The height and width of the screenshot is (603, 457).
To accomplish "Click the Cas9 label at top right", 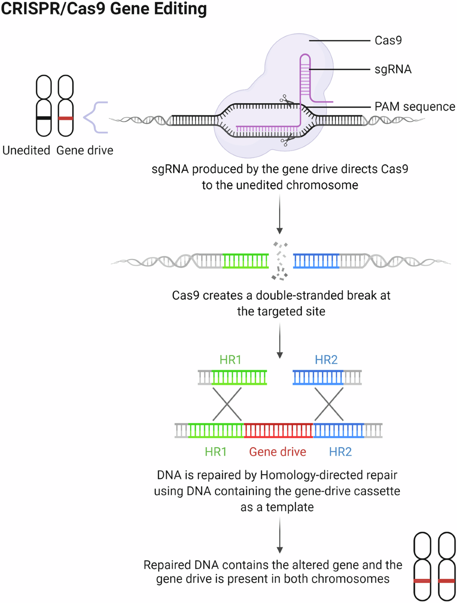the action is click(x=388, y=41).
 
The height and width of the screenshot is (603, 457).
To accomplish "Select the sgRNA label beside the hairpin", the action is click(x=393, y=70).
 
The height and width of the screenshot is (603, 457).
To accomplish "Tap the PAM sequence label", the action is click(x=415, y=107).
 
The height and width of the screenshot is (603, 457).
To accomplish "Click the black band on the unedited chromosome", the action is click(x=44, y=118).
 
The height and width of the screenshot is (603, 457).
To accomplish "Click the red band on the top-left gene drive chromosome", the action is click(x=66, y=118).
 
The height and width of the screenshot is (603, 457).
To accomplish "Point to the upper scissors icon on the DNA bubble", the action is click(x=286, y=100).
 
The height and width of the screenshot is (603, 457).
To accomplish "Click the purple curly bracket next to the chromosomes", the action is click(x=95, y=118).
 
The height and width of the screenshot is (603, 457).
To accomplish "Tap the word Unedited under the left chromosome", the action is click(x=26, y=150).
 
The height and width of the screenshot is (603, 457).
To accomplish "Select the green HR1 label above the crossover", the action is click(x=230, y=360).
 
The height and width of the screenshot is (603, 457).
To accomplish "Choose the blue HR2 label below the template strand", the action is click(x=340, y=452).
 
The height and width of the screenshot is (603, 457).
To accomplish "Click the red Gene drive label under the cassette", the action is click(x=278, y=452).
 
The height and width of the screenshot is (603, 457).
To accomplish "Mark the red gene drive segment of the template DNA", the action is click(x=278, y=431).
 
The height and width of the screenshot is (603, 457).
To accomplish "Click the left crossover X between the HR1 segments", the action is click(x=227, y=404).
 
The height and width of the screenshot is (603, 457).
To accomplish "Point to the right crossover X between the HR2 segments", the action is click(x=329, y=404).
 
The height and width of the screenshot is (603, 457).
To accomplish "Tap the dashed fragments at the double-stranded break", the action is click(x=280, y=261).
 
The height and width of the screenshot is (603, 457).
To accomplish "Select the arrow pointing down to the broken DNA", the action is click(x=280, y=214).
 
